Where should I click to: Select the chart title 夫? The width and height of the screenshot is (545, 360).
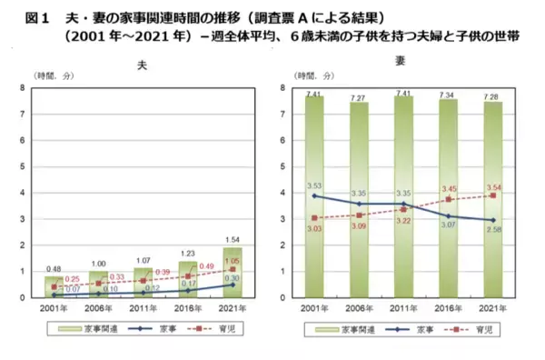pyautogui.click(x=141, y=65)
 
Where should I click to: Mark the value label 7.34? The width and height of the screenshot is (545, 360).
pyautogui.click(x=449, y=94)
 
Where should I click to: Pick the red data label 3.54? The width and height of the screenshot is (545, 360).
pyautogui.click(x=492, y=186)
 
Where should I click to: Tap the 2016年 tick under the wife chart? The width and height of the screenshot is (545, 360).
pyautogui.click(x=449, y=308)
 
